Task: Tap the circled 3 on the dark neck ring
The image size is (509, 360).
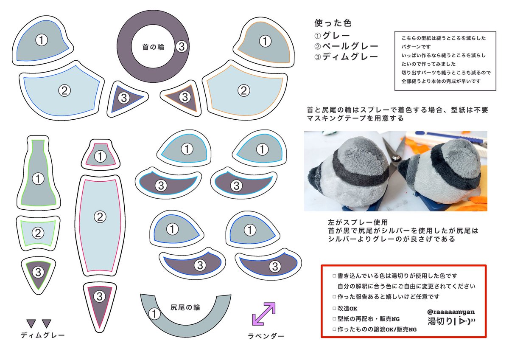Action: pyautogui.click(x=182, y=47)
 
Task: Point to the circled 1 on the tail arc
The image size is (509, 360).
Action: pyautogui.click(x=154, y=314)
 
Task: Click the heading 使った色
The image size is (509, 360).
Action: pyautogui.click(x=333, y=23)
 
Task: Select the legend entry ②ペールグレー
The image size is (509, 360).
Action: pyautogui.click(x=346, y=46)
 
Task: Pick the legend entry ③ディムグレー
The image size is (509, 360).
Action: pyautogui.click(x=346, y=57)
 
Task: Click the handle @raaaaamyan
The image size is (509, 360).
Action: pyautogui.click(x=451, y=311)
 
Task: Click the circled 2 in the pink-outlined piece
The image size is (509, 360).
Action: pyautogui.click(x=99, y=217)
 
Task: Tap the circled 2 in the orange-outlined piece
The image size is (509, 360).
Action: pyautogui.click(x=243, y=90)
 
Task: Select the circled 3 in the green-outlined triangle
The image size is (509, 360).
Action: pyautogui.click(x=37, y=271)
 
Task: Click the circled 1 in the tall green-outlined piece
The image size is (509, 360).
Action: pyautogui.click(x=38, y=179)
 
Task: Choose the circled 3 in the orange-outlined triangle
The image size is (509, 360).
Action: pyautogui.click(x=185, y=97)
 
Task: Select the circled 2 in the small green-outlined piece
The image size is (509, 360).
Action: pyautogui.click(x=38, y=233)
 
